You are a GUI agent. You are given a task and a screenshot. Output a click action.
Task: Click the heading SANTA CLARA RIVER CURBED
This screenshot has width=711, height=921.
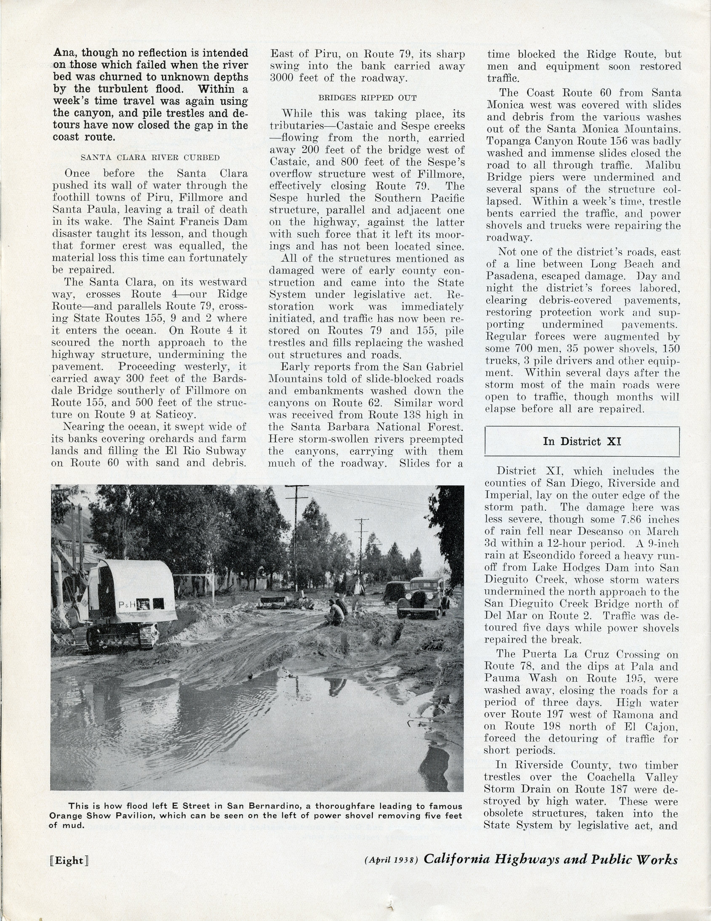(150, 158)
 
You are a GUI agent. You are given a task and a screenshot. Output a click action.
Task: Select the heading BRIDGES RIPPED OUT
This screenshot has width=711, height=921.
(367, 98)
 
